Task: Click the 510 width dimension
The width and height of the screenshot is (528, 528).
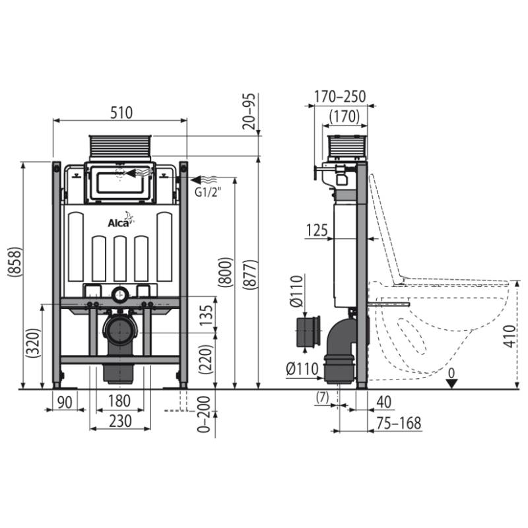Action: pos(121,113)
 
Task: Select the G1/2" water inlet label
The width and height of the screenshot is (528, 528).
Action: pos(208,192)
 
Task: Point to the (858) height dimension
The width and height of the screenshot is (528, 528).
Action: pos(15,262)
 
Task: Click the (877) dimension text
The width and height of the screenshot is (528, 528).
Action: pos(250,275)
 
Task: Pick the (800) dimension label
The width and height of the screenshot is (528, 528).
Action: pos(225,272)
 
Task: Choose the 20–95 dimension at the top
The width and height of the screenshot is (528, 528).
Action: pos(249,111)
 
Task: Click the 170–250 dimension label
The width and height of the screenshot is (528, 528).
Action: pos(340,96)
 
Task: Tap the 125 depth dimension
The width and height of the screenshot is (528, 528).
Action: pos(317,230)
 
